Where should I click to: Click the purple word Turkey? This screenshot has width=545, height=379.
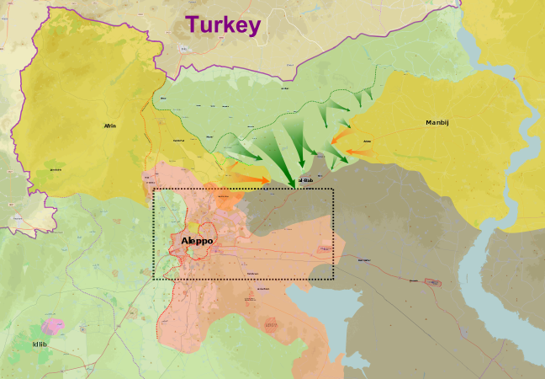(x=223, y=24)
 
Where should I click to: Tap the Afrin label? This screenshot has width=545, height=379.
(x=109, y=125)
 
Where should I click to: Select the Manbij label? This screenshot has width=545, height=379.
(x=437, y=123)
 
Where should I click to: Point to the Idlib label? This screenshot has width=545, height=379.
(x=40, y=344)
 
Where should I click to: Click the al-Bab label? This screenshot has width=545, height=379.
(x=305, y=179)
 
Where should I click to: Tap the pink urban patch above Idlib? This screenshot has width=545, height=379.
(x=55, y=324)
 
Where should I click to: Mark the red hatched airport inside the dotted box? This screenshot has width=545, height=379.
(x=325, y=248)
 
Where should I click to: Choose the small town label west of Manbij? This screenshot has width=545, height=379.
(x=367, y=141)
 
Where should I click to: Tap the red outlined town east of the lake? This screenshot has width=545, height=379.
(x=434, y=282)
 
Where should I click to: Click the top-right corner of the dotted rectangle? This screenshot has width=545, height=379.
(x=334, y=189)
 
